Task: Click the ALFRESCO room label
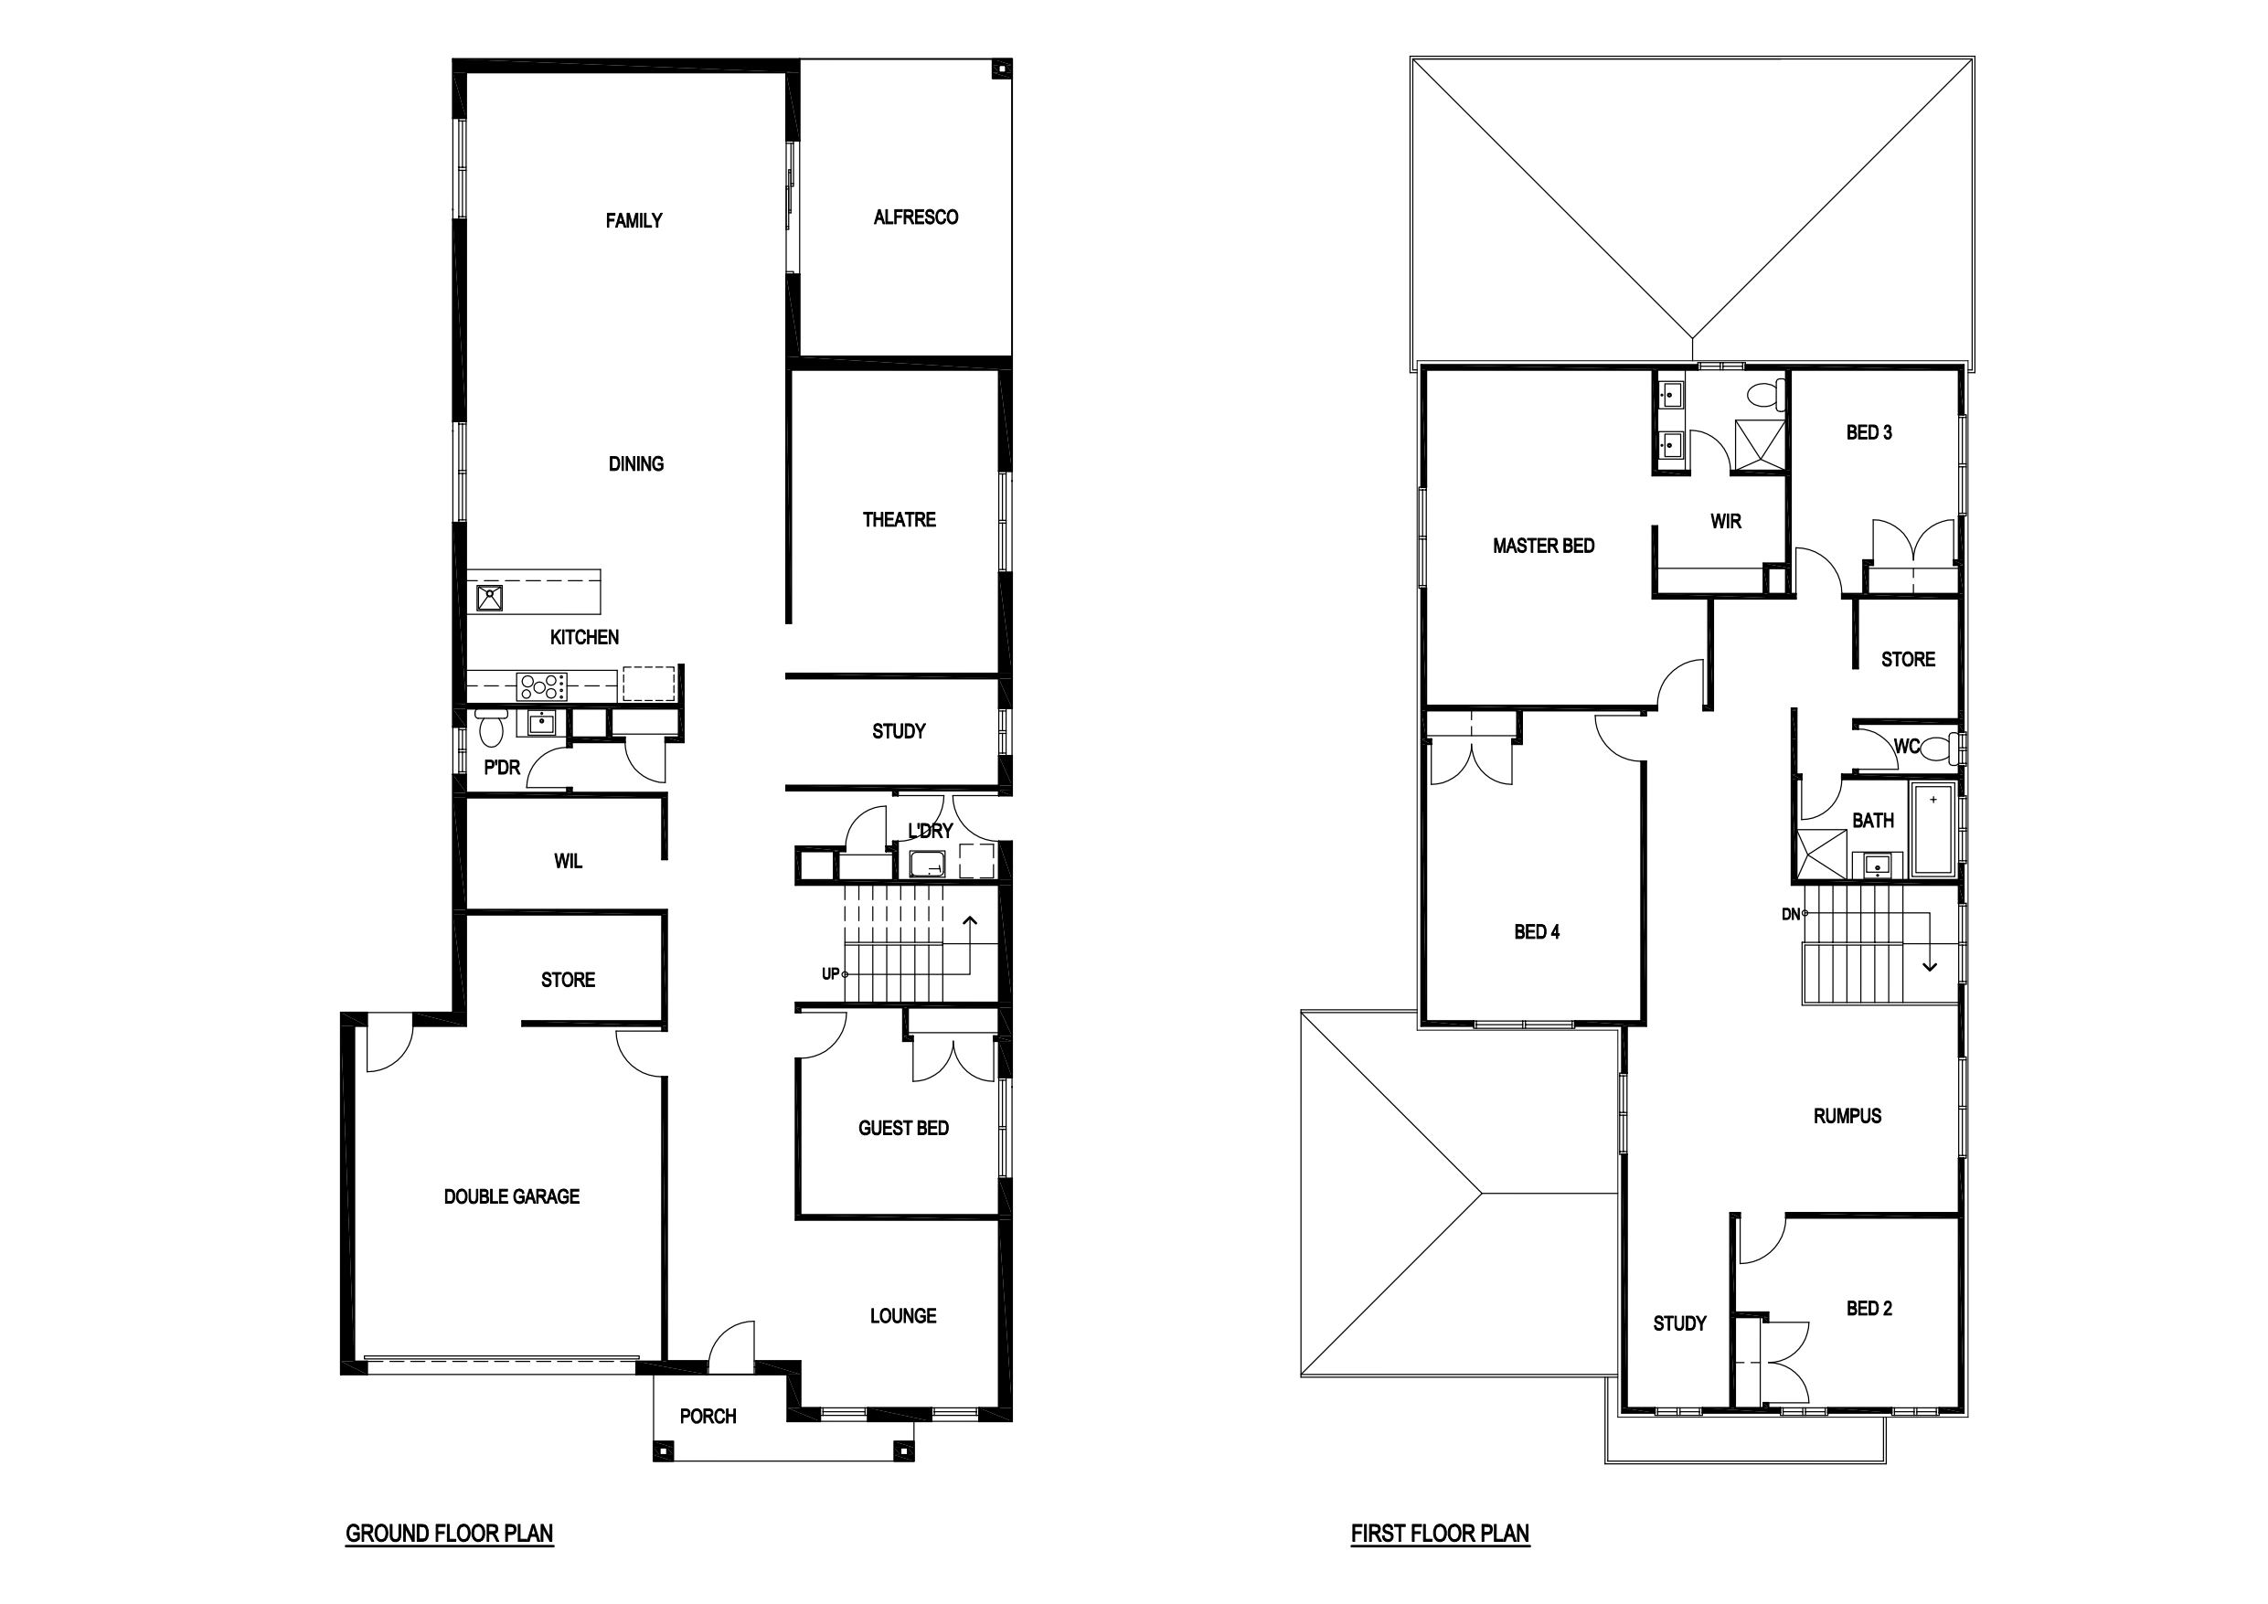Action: tap(915, 218)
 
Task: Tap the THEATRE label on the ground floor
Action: tap(899, 519)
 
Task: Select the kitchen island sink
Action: tap(490, 598)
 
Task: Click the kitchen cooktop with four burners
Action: tap(542, 685)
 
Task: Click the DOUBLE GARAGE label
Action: tap(512, 1197)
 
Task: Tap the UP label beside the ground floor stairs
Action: tap(831, 974)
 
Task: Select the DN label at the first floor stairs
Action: tap(1791, 915)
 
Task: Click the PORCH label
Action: tap(708, 1417)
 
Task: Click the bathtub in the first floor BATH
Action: tap(1933, 829)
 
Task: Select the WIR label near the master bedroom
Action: tap(1726, 522)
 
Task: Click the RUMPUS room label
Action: tap(1847, 1116)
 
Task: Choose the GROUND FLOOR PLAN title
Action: tap(450, 1534)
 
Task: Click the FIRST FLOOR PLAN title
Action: tap(1440, 1534)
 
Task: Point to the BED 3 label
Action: tap(1869, 432)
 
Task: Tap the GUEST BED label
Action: tap(904, 1128)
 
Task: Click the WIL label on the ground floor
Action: tap(568, 861)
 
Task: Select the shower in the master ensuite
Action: tap(1761, 445)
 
